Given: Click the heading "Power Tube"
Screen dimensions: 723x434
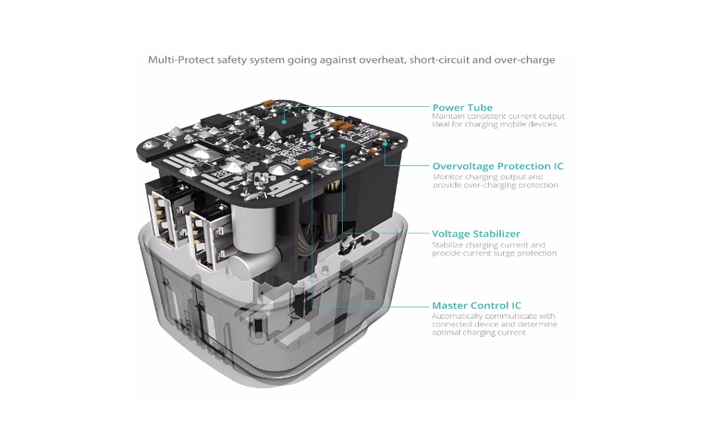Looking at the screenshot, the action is tap(462, 108).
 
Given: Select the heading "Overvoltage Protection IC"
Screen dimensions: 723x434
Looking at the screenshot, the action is tap(498, 166).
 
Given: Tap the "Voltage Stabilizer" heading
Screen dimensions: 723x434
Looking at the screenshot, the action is tap(476, 234).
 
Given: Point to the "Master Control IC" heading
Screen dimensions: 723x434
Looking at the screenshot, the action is tap(476, 305).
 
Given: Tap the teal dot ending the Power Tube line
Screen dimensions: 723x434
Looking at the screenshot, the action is tap(285, 122).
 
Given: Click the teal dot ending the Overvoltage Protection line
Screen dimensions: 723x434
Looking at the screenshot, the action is tap(386, 144).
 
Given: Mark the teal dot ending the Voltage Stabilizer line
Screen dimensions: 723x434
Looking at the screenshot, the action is tap(343, 145).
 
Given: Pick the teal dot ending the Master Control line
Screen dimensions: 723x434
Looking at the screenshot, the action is tap(313, 136).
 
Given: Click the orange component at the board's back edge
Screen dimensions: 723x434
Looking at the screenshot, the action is tap(268, 102).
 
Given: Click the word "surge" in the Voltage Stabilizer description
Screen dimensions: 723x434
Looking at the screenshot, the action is tap(505, 254).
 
